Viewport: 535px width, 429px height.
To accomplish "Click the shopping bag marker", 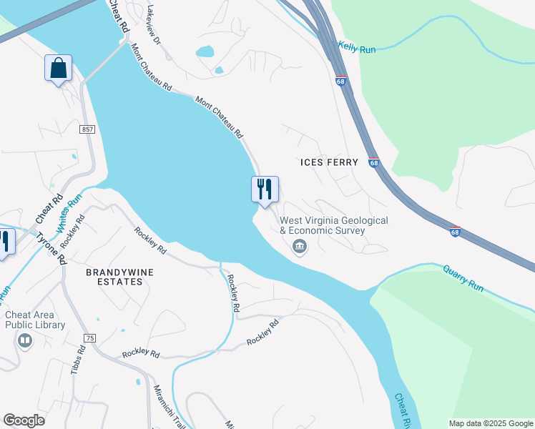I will tap(59, 69).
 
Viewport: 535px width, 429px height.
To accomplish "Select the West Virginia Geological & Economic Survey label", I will tap(333, 226).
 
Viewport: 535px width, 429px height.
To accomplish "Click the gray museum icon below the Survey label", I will tap(300, 247).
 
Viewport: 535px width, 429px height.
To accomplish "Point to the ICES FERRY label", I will tap(328, 162).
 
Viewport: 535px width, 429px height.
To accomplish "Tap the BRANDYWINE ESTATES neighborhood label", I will tap(114, 277).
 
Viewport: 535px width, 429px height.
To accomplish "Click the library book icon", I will tap(25, 340).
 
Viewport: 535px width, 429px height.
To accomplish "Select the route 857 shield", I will tap(87, 129).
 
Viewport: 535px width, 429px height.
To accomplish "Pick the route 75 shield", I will tap(89, 337).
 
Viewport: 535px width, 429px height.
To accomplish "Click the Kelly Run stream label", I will tap(357, 46).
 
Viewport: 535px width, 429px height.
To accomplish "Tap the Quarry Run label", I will tap(463, 278).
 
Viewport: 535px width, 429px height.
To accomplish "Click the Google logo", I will tap(24, 420).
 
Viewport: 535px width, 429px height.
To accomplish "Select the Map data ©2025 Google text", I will tap(491, 423).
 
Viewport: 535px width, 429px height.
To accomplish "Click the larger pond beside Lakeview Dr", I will tap(204, 51).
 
